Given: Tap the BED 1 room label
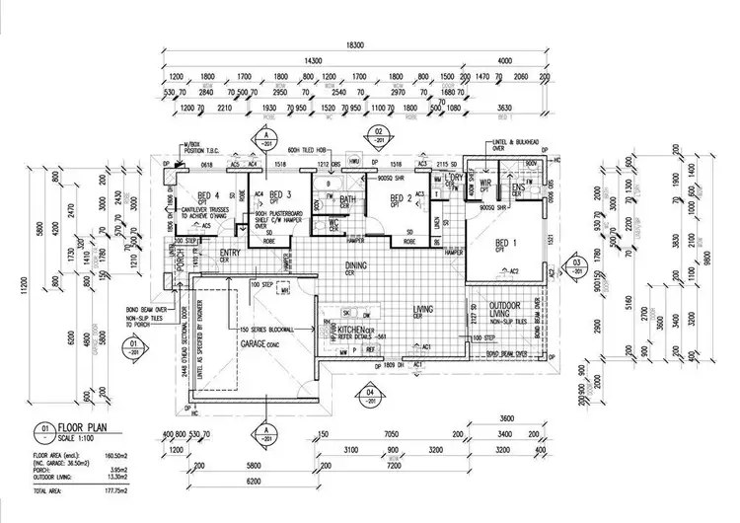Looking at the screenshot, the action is pyautogui.click(x=504, y=242).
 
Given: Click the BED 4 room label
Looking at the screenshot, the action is pyautogui.click(x=208, y=194).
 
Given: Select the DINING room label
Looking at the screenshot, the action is pyautogui.click(x=356, y=265).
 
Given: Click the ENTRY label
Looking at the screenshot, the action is pyautogui.click(x=231, y=253).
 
